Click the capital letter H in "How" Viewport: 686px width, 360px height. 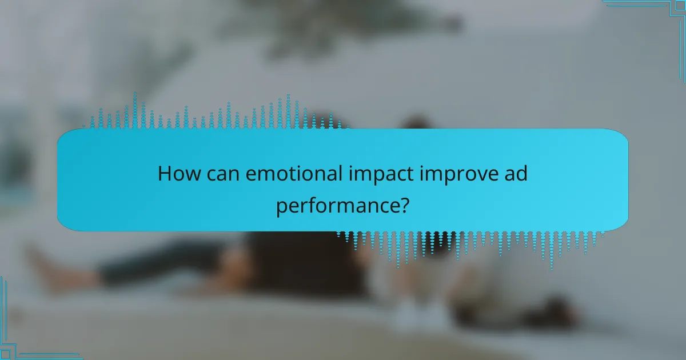coord(164,173)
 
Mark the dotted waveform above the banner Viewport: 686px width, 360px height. coord(217,114)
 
